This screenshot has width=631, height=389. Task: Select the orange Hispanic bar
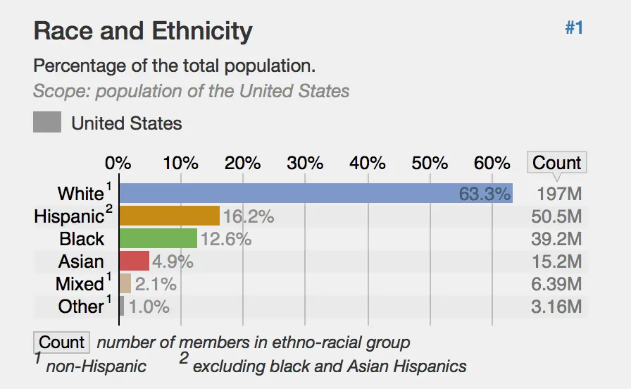[170, 216]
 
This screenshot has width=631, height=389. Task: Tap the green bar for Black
[158, 238]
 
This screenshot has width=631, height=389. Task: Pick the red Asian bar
[135, 261]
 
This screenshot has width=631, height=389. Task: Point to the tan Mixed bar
[125, 284]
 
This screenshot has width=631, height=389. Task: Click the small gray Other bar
[122, 307]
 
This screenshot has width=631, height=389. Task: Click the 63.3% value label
[485, 194]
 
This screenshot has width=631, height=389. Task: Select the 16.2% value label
[248, 216]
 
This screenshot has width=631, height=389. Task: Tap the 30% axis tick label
[305, 163]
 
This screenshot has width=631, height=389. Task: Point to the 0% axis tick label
[118, 163]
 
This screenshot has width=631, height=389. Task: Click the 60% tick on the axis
[492, 163]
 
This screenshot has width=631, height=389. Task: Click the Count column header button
[556, 163]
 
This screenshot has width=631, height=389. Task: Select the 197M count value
[558, 194]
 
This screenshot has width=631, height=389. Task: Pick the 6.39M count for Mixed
[556, 284]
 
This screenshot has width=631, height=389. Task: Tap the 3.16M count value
[556, 307]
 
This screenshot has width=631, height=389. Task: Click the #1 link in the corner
[574, 28]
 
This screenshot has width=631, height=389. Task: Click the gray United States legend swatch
[47, 123]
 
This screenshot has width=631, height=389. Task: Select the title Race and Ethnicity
[143, 31]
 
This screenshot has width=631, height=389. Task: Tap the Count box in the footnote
[61, 342]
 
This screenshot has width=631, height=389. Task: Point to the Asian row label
[81, 261]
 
